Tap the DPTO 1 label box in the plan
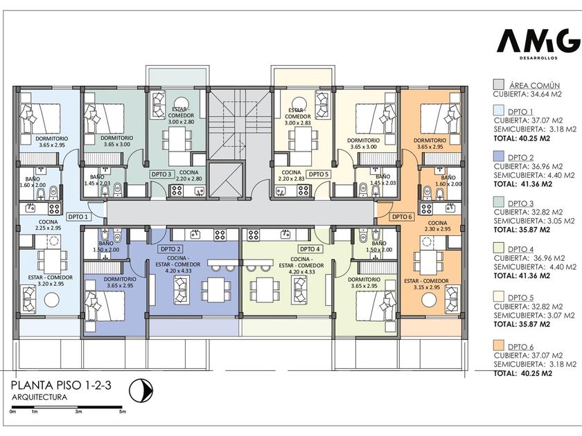(78, 217)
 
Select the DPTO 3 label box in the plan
(161, 174)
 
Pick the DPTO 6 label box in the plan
(402, 217)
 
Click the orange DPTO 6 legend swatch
(499, 345)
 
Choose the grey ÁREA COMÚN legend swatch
(498, 84)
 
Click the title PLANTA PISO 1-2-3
(61, 385)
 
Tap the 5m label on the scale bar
(122, 412)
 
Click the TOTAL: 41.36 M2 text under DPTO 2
(523, 184)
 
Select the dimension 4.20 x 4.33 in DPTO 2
(179, 271)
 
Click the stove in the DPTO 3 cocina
(177, 190)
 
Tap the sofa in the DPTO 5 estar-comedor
(321, 105)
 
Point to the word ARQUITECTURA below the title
(39, 397)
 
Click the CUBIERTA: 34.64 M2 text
(527, 94)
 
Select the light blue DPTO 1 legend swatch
(499, 111)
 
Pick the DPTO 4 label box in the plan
(310, 249)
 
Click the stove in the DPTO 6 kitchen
(427, 208)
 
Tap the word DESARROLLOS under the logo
(538, 58)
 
